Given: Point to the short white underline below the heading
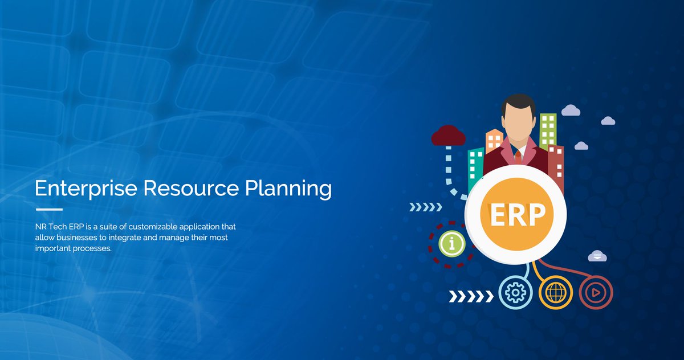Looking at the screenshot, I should (x=48, y=209).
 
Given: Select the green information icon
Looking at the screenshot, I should (x=452, y=244).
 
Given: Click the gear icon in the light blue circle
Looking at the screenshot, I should (x=515, y=293).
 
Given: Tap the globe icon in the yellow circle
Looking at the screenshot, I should (x=555, y=293).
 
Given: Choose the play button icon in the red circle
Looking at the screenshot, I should (x=595, y=293).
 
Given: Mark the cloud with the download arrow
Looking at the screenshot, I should (x=596, y=256).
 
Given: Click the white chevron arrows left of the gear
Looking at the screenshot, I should (x=470, y=296).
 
